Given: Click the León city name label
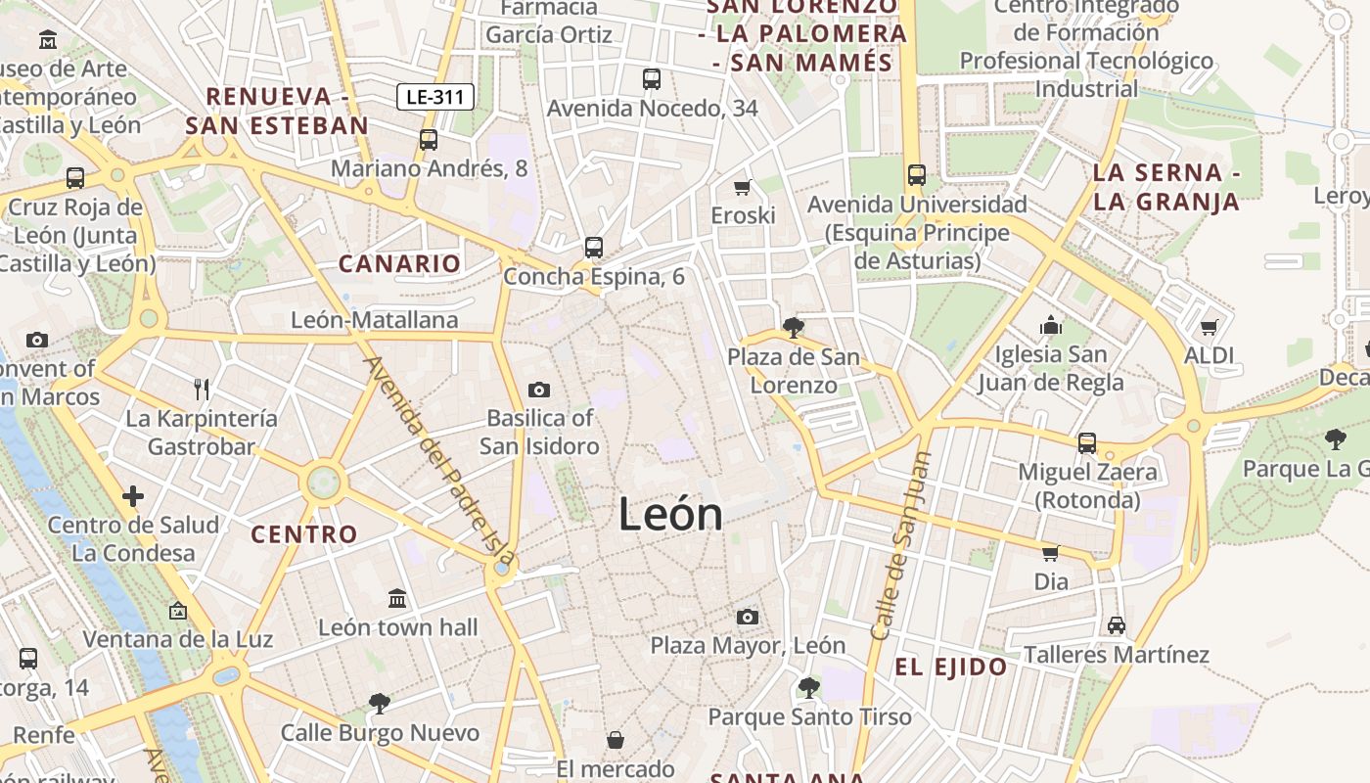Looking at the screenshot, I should [x=670, y=515].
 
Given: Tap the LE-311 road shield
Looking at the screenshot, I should [x=435, y=97].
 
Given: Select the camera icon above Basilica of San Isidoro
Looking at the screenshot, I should [x=539, y=391].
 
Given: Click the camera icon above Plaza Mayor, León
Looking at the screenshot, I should [x=748, y=617].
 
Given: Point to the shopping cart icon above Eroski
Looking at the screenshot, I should [x=743, y=187].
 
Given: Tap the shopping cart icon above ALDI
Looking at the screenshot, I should [x=1210, y=328].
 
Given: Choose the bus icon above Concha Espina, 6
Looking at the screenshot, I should [x=594, y=248].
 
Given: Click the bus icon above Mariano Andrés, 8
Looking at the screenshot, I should [x=429, y=140].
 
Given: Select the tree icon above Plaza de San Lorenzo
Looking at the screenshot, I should [x=794, y=328].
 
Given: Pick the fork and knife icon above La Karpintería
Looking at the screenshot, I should [x=202, y=390].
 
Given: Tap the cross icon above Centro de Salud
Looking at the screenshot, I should [x=133, y=496].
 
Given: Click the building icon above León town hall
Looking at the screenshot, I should [x=397, y=598].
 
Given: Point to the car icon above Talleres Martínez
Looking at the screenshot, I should [x=1117, y=625].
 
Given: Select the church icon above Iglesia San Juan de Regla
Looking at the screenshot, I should [x=1052, y=325].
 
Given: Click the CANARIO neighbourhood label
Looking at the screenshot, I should [x=399, y=263].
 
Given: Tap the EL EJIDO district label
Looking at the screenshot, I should [x=951, y=668].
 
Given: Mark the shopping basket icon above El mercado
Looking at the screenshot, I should [x=616, y=740].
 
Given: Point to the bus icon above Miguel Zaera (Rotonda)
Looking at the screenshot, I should [x=1087, y=443].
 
